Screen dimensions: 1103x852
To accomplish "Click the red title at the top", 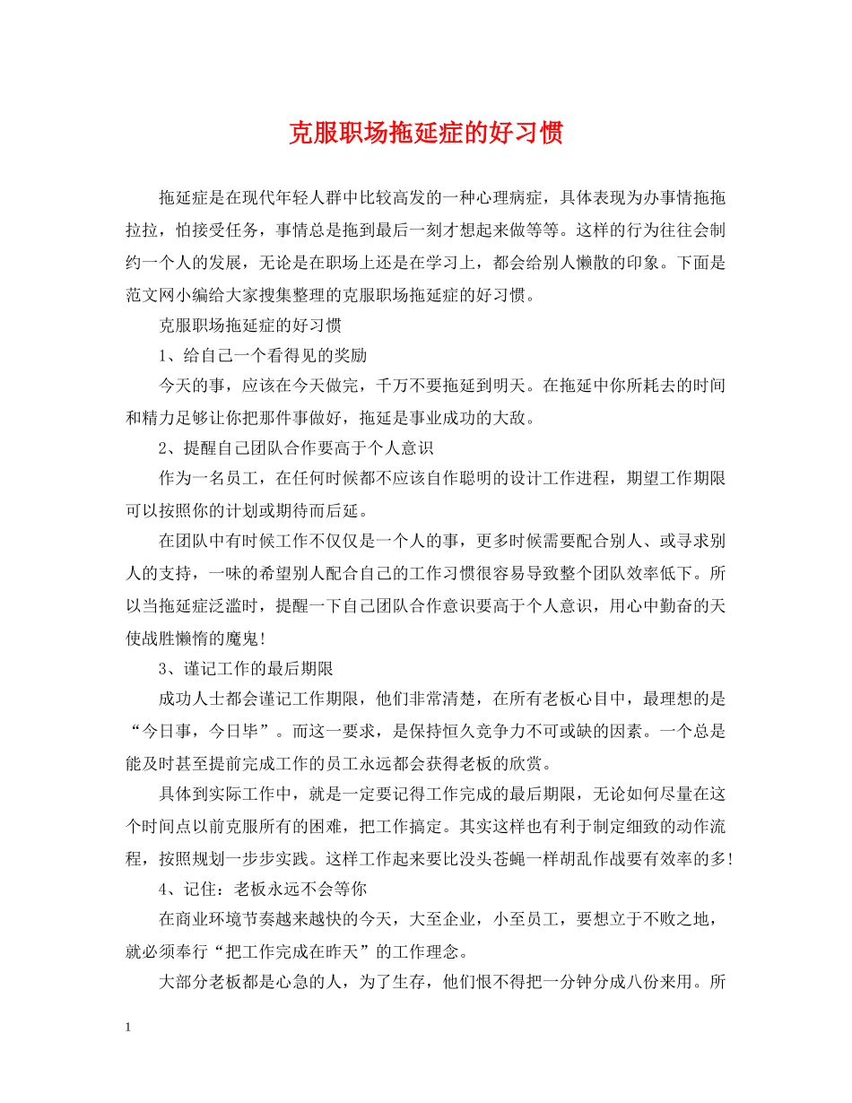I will pos(426,134).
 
